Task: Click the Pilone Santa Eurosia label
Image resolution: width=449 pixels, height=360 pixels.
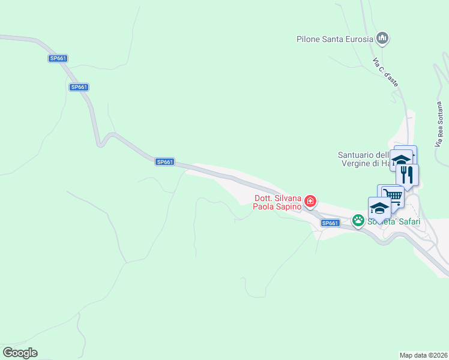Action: point(335,40)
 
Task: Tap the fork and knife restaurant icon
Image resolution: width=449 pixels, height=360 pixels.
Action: point(407,175)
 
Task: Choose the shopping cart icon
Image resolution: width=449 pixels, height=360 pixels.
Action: point(392,195)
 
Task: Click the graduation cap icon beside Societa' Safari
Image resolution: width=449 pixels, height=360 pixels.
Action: point(379,208)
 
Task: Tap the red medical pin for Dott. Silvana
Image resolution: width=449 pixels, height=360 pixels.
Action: point(310,201)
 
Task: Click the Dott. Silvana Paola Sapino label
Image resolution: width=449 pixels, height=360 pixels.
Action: point(277,203)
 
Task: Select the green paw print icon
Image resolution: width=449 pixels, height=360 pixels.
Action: point(358,221)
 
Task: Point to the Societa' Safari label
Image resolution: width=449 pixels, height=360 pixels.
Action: point(394,221)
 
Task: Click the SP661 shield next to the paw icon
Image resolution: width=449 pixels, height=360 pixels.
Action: point(330,223)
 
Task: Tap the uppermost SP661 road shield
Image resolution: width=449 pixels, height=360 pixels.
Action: point(58,58)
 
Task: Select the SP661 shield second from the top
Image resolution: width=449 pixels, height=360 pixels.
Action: point(79,87)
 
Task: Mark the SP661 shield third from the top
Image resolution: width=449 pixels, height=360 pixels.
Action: point(164,162)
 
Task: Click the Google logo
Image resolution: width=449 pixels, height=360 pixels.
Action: point(20,353)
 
